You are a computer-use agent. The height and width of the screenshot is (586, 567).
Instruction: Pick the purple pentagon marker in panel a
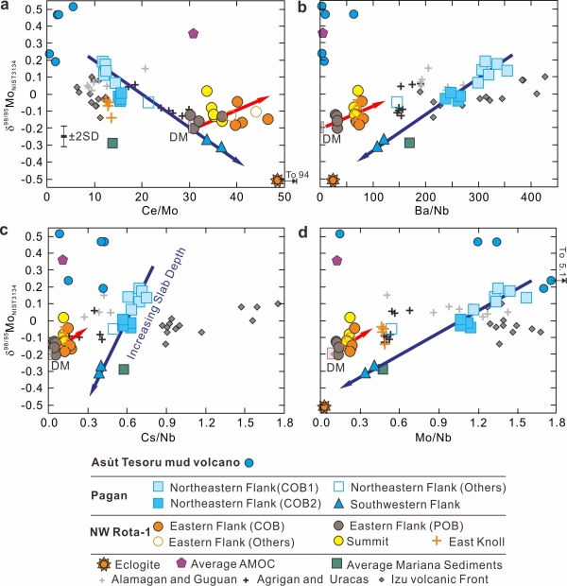pos(193,33)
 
